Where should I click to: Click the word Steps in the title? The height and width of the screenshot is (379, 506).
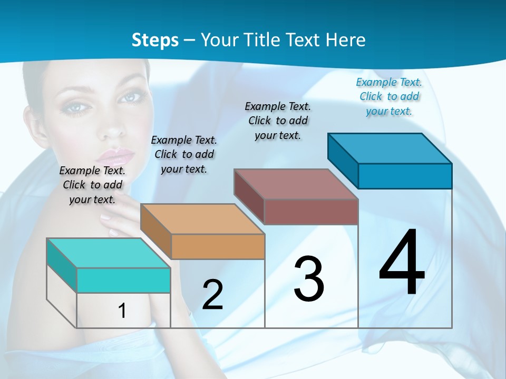coord(155,40)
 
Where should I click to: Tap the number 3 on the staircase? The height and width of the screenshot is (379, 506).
coord(309,279)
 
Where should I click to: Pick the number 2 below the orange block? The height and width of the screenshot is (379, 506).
coord(212,295)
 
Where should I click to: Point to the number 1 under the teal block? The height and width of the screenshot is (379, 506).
coord(122,311)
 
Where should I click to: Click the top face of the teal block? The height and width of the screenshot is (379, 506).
coord(109,253)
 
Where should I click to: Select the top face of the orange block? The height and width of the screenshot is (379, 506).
coord(202,218)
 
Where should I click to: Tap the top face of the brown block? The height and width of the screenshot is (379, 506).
coord(296,184)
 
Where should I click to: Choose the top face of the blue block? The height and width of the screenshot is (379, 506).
coord(390,148)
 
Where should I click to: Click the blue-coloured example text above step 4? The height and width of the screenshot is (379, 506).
coord(389,96)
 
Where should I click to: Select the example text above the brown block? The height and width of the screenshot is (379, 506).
coord(278,121)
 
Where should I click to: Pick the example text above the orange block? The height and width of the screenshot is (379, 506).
coord(184,154)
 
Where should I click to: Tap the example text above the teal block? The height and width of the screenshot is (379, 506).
coord(92,185)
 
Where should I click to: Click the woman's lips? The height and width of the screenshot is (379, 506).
coord(120,156)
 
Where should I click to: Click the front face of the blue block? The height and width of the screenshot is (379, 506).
coord(405,176)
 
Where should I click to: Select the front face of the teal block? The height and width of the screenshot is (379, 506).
coord(123,280)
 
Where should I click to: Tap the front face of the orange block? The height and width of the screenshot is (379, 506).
coord(218,246)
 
